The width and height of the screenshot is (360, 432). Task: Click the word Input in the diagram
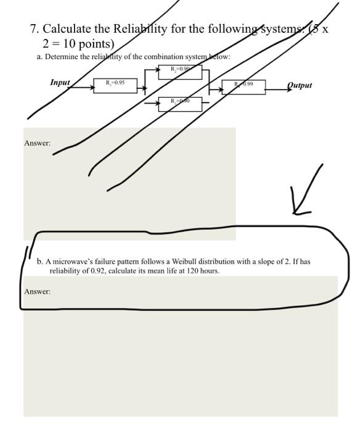[60, 82]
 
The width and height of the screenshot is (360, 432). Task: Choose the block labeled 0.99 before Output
[247, 85]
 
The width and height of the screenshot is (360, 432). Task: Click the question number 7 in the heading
[33, 29]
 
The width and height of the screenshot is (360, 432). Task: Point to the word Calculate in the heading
[68, 29]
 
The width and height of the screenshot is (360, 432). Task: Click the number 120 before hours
[192, 271]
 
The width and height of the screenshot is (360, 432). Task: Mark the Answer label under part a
[37, 143]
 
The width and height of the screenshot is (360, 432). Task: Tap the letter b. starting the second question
[40, 262]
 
